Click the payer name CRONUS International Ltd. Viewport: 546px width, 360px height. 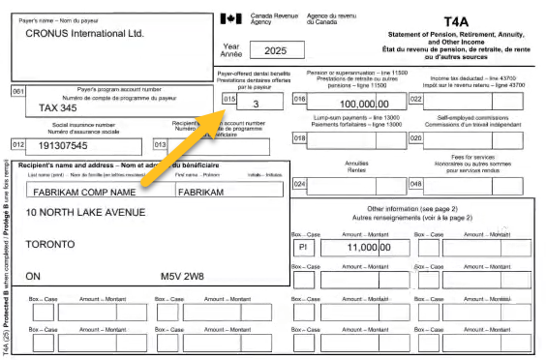tap(85, 32)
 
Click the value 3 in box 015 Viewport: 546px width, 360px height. tap(256, 102)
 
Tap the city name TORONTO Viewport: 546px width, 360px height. tap(50, 243)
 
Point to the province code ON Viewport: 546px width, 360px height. tap(35, 275)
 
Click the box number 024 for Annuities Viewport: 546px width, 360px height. tap(299, 184)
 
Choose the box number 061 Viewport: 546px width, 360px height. tap(17, 92)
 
